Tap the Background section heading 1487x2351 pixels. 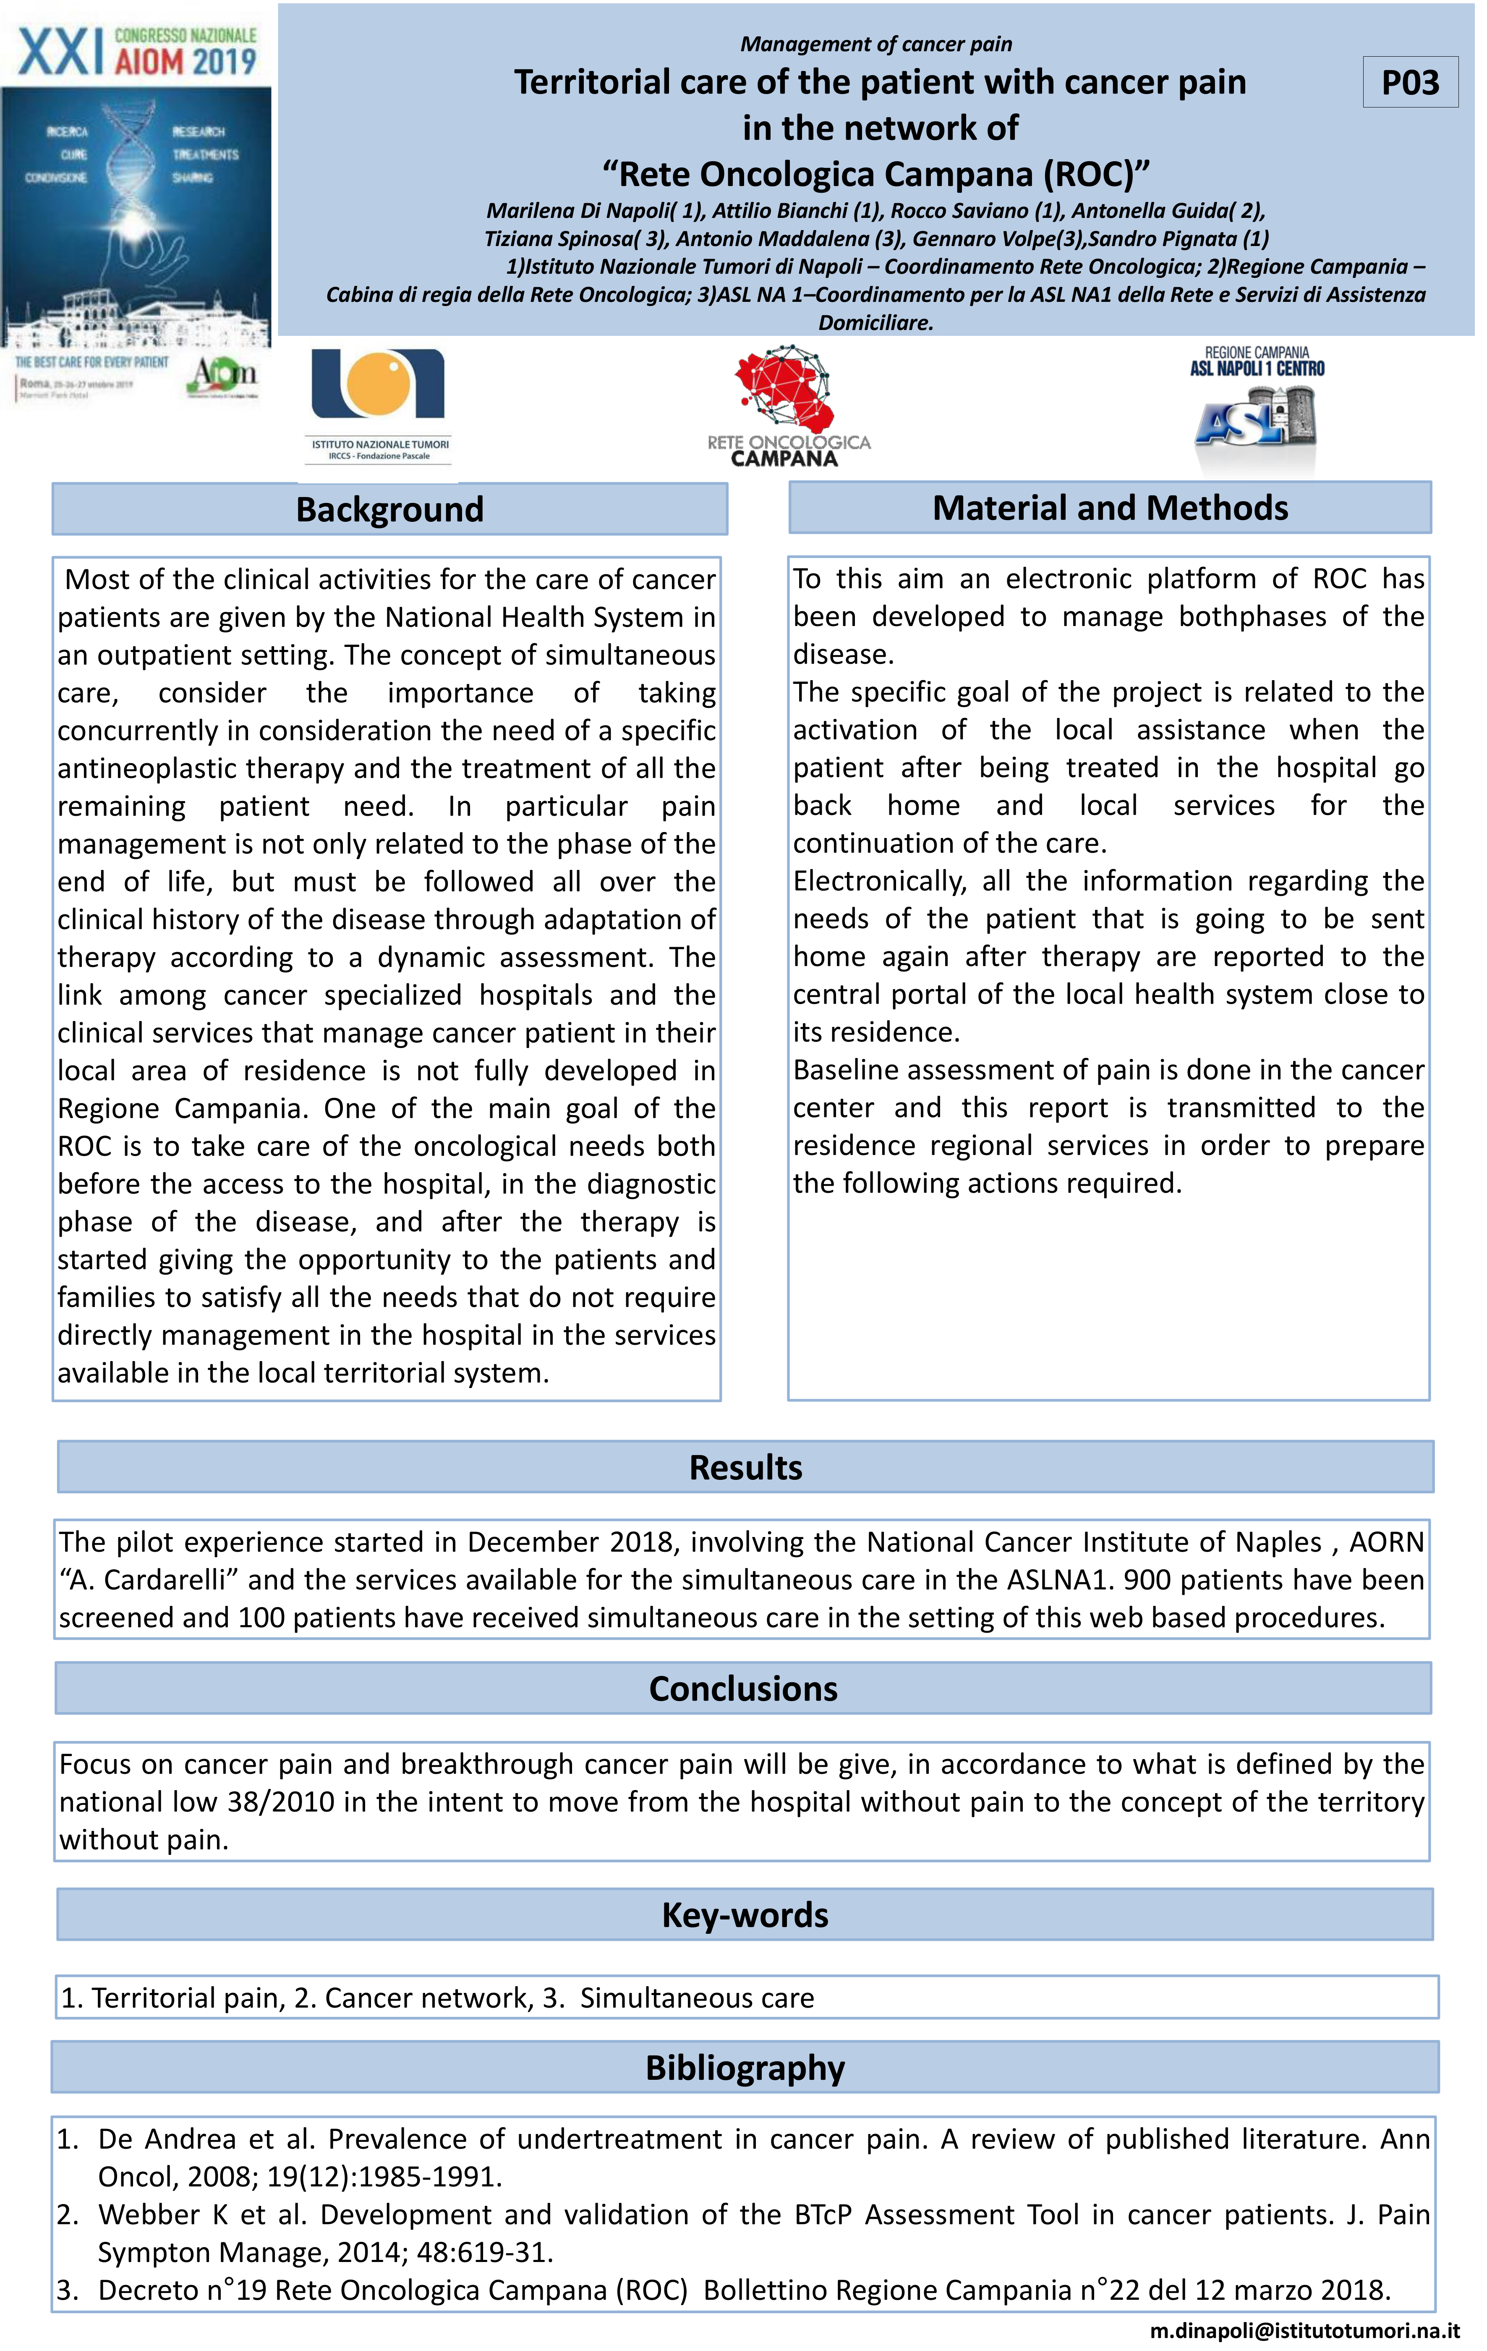coord(389,510)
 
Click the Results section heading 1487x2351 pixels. coord(745,1467)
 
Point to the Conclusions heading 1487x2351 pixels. coord(743,1689)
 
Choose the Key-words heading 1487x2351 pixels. coord(745,1916)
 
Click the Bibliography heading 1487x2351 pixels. coord(745,2068)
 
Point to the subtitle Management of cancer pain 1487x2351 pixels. coord(876,44)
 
